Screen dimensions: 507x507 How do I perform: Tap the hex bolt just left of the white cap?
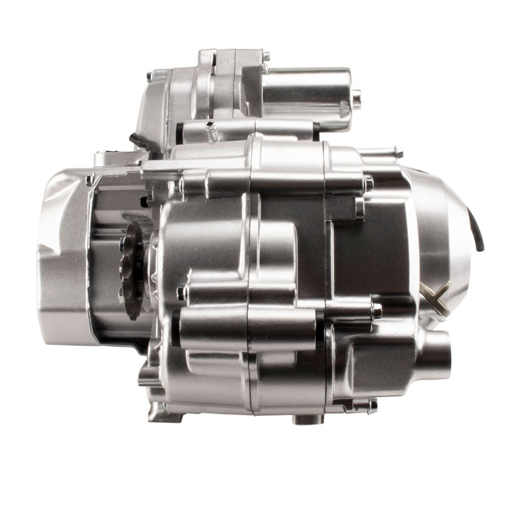(377, 311)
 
